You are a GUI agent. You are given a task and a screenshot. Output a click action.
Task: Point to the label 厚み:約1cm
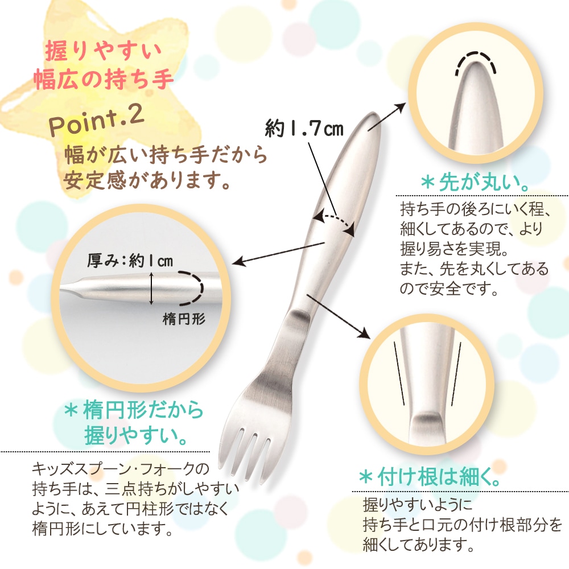pyautogui.click(x=130, y=261)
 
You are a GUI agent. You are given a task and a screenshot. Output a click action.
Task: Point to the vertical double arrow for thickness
pyautogui.click(x=152, y=288)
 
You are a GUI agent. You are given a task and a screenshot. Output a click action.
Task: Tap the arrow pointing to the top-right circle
pyautogui.click(x=386, y=118)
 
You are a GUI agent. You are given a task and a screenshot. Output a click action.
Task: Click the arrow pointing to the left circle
pyautogui.click(x=279, y=253)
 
